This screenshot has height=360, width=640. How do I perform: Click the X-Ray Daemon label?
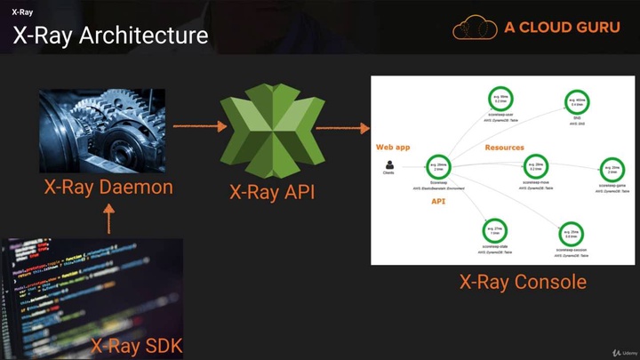[108, 188]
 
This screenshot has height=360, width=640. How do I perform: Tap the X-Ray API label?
[272, 192]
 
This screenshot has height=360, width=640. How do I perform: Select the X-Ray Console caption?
[523, 282]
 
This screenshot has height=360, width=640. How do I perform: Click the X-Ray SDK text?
[136, 344]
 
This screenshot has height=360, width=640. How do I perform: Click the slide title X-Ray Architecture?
[110, 36]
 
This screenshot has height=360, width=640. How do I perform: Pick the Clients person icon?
[388, 164]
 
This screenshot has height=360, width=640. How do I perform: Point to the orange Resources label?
[504, 148]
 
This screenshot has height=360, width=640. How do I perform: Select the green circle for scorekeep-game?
[610, 167]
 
